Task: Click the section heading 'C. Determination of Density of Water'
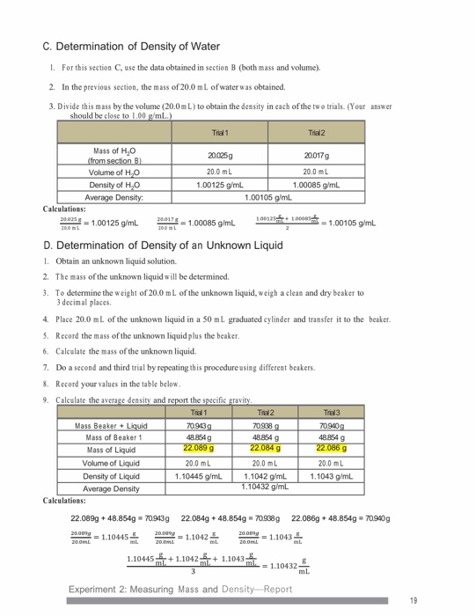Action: pos(131,46)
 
